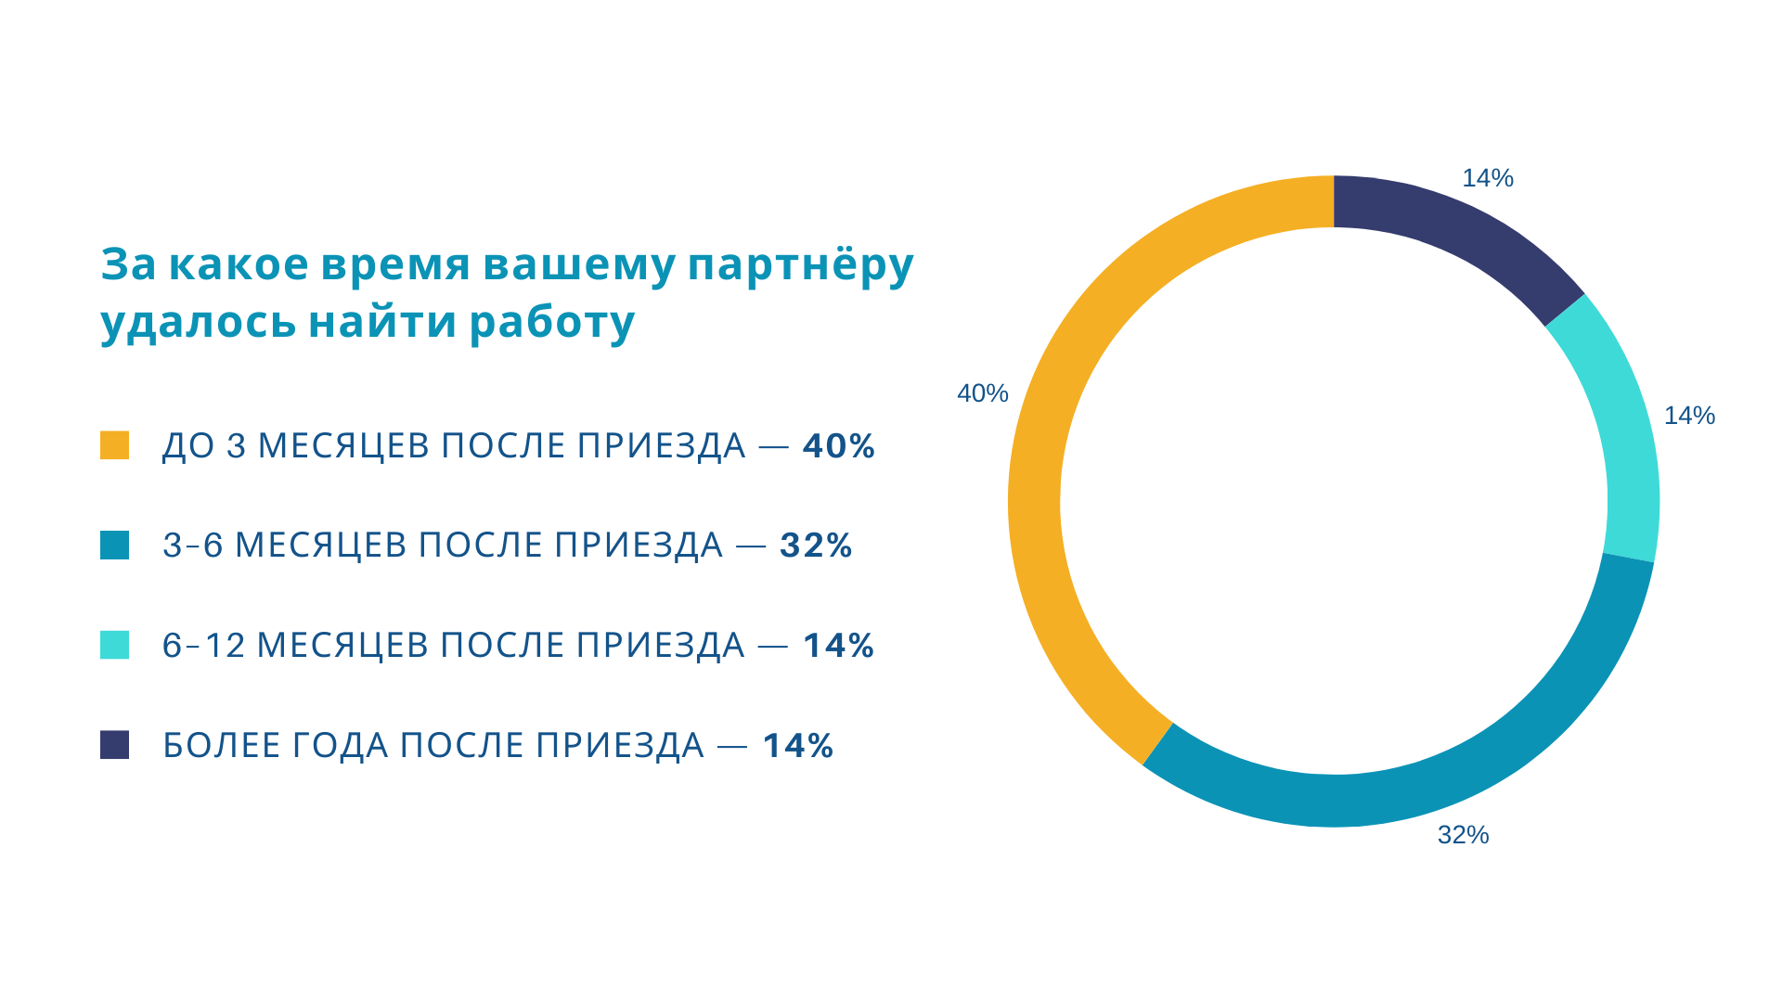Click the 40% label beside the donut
tap(982, 393)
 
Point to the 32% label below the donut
tap(1463, 835)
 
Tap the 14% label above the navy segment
tap(1487, 178)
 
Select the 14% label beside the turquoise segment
tap(1689, 416)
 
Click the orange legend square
tap(114, 445)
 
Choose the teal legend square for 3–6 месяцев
tap(114, 545)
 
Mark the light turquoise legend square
tap(114, 645)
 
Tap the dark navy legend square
tap(114, 745)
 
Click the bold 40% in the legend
tap(838, 446)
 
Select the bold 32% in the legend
tap(816, 546)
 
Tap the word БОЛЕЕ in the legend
tap(222, 746)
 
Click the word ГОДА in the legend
tap(340, 746)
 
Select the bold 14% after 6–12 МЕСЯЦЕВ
tap(838, 646)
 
